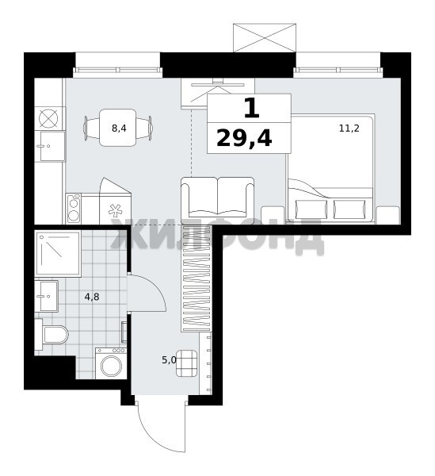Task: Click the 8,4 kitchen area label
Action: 119,129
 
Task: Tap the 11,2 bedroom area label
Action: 349,129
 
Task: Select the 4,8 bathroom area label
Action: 92,297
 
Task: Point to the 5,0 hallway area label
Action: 169,360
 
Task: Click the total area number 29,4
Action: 244,138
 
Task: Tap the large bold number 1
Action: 252,109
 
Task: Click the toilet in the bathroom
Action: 52,334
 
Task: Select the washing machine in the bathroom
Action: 111,363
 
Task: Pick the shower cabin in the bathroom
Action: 58,253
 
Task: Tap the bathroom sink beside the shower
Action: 47,296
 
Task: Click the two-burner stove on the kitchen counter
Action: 74,209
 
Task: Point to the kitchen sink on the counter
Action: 50,146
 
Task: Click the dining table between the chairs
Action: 118,128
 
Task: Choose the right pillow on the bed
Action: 349,209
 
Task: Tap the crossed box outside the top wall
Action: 265,37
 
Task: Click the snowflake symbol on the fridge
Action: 115,210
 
